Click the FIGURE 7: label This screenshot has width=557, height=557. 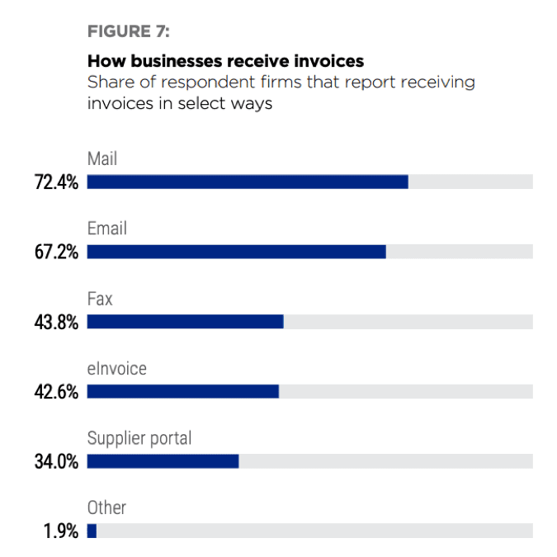click(x=128, y=32)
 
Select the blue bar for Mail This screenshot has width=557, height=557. click(x=248, y=182)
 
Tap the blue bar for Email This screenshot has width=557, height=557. click(x=236, y=252)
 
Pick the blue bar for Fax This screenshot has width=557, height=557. click(x=185, y=322)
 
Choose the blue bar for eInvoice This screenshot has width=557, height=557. click(x=182, y=391)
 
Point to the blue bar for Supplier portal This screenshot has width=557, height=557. click(x=163, y=460)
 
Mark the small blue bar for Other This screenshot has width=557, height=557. click(x=92, y=531)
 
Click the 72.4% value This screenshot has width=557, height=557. click(x=56, y=182)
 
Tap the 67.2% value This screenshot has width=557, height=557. click(x=56, y=253)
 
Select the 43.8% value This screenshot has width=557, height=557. click(x=56, y=323)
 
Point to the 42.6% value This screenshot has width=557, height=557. click(x=56, y=392)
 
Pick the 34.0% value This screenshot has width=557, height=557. click(x=56, y=461)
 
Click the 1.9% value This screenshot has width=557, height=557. click(x=61, y=531)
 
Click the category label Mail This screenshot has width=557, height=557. click(x=102, y=158)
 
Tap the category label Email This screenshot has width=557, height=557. click(x=107, y=228)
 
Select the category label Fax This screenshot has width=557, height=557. click(x=100, y=298)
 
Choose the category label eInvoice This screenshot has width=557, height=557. click(x=117, y=368)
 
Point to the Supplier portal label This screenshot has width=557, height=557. click(x=139, y=437)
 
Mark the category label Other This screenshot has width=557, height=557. click(x=106, y=507)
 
